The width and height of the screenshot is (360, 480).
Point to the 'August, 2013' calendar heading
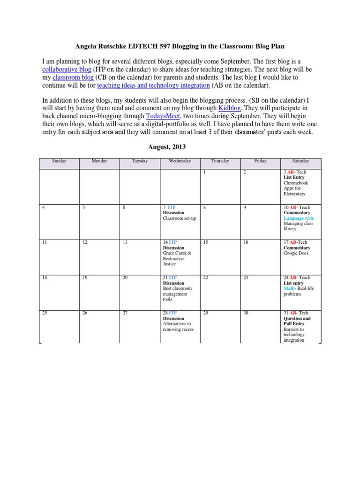[x=167, y=147]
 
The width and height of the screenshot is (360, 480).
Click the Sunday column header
[x=59, y=161]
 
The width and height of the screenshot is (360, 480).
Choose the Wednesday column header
[x=180, y=161]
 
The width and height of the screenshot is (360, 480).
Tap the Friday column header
[x=260, y=161]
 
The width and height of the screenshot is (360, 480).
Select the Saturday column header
[x=300, y=161]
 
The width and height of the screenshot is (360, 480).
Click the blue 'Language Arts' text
[x=299, y=218]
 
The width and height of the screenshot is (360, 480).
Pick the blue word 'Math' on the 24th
[x=289, y=289]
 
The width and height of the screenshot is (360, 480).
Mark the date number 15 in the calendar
[x=205, y=242]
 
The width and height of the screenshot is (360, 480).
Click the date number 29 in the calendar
[x=205, y=313]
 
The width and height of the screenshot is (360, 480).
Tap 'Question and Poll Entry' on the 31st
[x=297, y=321]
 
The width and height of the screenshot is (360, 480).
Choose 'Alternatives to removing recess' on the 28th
[x=178, y=327]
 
